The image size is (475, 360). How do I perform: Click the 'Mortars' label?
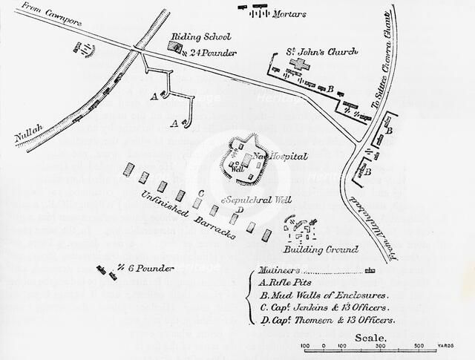point(289,14)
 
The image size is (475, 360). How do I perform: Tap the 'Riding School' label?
point(201,37)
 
